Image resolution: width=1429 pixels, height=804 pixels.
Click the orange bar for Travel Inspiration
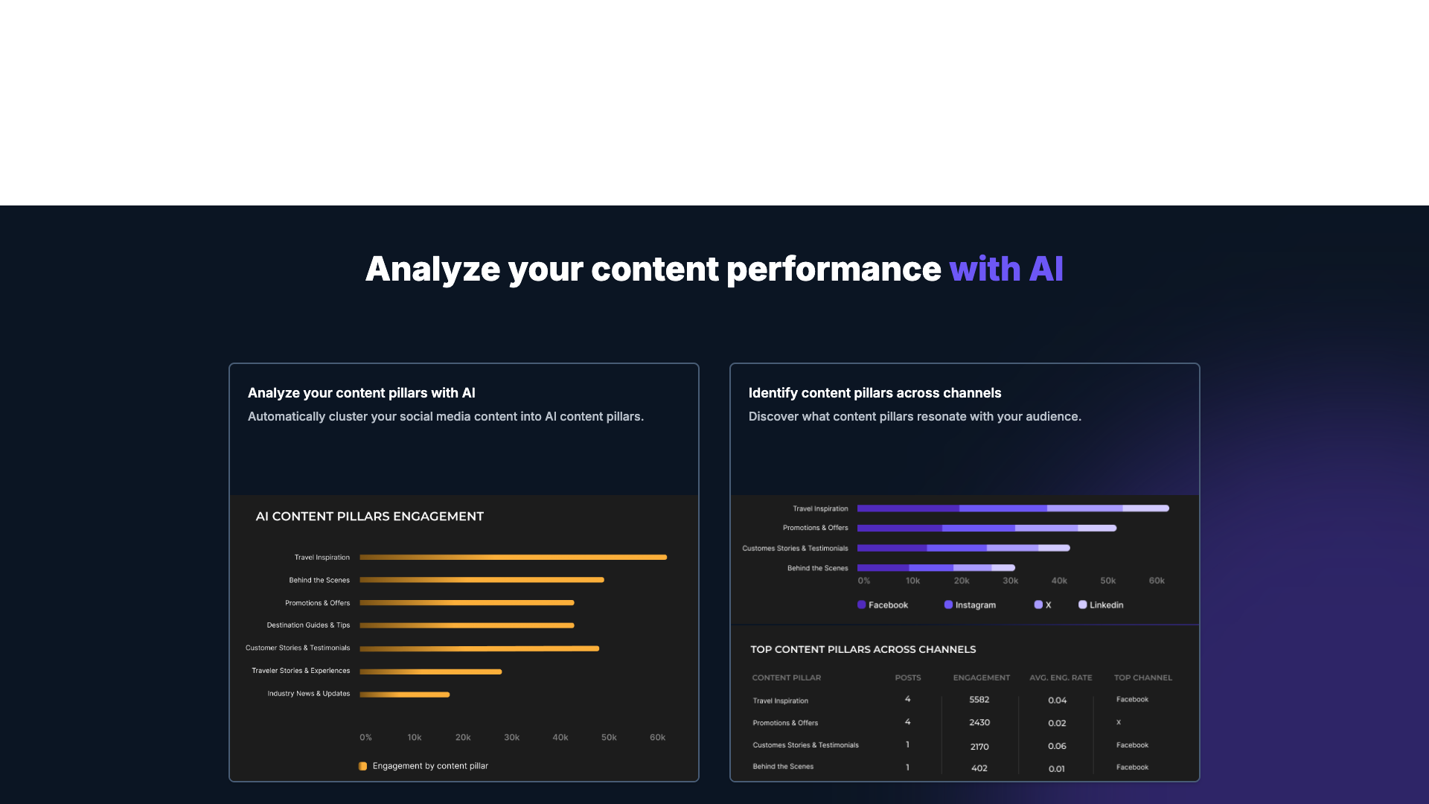coord(513,557)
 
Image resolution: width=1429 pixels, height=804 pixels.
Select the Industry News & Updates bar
coord(405,695)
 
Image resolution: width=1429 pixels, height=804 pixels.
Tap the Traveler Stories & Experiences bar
coord(430,671)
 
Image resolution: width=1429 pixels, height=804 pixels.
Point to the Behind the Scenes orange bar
coord(482,580)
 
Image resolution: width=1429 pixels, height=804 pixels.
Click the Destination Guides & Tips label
coord(308,625)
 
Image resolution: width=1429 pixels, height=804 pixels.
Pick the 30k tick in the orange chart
coord(511,738)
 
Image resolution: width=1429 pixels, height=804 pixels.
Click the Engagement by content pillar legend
coord(429,766)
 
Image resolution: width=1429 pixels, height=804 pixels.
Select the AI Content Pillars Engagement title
coord(369,517)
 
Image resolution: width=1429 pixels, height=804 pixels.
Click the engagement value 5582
coord(979,700)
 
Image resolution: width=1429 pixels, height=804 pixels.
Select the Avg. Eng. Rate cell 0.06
coord(1057,746)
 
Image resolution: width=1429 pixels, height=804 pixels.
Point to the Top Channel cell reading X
coord(1118,722)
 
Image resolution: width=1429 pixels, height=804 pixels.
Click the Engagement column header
coord(981,678)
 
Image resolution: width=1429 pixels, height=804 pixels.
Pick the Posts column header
coord(907,678)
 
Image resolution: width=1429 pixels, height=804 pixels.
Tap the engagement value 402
coord(979,768)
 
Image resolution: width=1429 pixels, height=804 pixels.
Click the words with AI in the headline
coord(1006,269)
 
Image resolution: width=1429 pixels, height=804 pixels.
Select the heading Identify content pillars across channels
coord(875,393)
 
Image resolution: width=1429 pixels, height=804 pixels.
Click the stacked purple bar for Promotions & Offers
coord(986,528)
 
